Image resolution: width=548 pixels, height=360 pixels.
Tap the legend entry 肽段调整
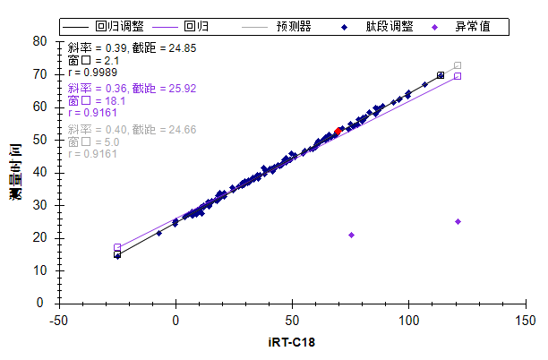[x=389, y=27]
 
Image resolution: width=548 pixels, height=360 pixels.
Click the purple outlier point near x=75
[x=351, y=235]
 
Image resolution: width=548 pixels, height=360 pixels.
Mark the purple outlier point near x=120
[x=458, y=221]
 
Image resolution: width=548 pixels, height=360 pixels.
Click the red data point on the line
[x=338, y=131]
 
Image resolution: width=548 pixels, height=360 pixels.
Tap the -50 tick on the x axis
[x=59, y=320]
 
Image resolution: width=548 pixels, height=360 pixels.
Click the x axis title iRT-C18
[x=292, y=342]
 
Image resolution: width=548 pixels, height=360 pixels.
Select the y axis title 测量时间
[x=17, y=170]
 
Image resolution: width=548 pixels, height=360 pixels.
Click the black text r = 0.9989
[x=92, y=73]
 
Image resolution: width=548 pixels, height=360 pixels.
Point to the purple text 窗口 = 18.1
[x=95, y=101]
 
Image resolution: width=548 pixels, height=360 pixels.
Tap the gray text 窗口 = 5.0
[x=92, y=141]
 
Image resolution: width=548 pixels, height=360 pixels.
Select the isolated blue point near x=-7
[x=159, y=233]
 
